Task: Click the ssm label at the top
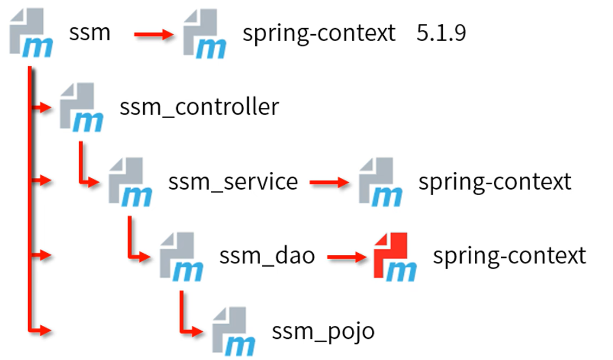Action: point(89,33)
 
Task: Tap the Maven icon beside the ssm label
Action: point(32,34)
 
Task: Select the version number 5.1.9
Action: point(441,34)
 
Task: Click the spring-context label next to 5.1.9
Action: point(319,34)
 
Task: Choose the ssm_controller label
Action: point(199,107)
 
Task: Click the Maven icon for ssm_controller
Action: point(81,107)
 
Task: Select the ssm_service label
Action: point(233,181)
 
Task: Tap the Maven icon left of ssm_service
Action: point(130,182)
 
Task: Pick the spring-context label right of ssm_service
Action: point(494,182)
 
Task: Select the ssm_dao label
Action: point(267,255)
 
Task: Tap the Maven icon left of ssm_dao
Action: point(182,256)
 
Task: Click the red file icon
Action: point(395,256)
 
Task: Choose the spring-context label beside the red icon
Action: point(509,255)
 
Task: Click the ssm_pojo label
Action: point(323,330)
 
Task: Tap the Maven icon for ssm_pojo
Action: point(234,331)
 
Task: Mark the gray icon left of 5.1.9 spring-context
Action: point(204,34)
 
